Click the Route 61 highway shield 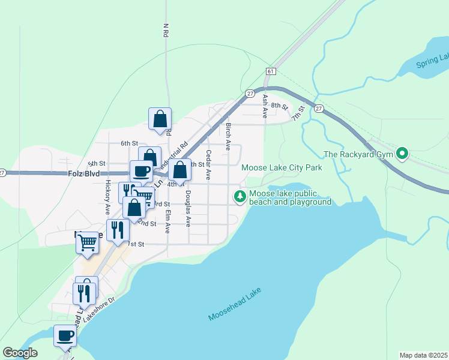coord(271,71)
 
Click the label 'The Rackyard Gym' coord(358,155)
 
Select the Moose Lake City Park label coord(282,168)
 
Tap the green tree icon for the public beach coord(240,196)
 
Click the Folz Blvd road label coord(83,173)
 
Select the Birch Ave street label coord(228,137)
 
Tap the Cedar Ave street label coord(208,165)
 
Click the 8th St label coord(279,106)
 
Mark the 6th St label coord(129,143)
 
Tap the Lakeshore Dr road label coord(99,308)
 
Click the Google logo coord(20,353)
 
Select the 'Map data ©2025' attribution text coord(424,355)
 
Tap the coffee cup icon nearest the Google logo coord(65,336)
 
